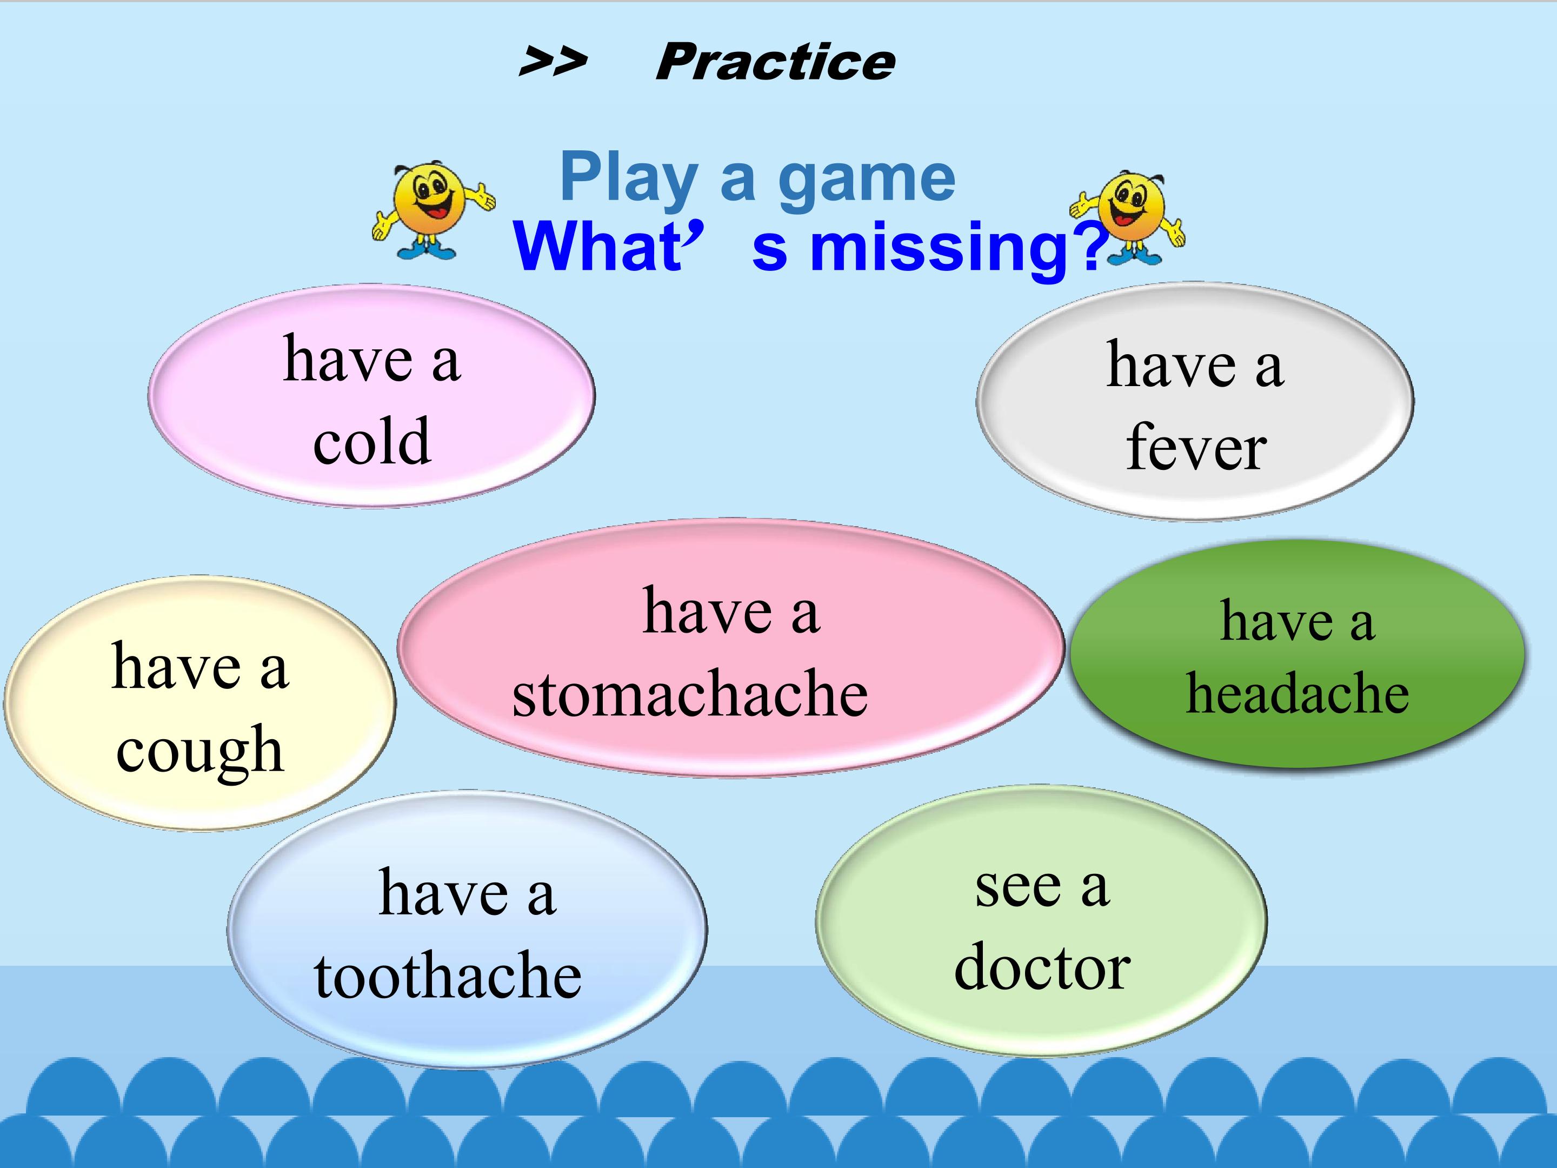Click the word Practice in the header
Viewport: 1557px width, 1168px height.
pos(775,62)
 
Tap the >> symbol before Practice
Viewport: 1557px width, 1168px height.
pos(553,62)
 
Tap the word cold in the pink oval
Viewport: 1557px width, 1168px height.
pos(371,441)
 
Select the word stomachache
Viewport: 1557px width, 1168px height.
pos(690,693)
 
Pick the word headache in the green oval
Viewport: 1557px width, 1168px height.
pos(1297,693)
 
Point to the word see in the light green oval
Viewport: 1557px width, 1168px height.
pos(1018,888)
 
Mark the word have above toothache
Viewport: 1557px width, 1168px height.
pos(443,892)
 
